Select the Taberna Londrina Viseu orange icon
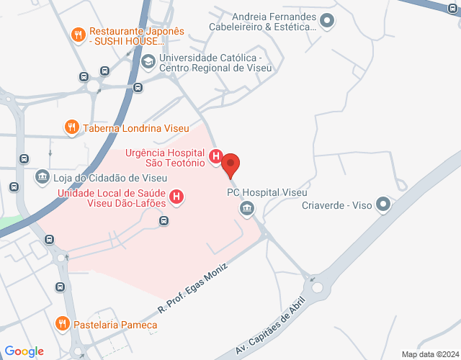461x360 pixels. tap(71, 128)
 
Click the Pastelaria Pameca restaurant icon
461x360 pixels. tap(63, 325)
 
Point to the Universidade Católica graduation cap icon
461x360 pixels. tap(148, 62)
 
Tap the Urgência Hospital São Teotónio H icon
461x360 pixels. tap(215, 156)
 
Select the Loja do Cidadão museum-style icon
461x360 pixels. tap(42, 176)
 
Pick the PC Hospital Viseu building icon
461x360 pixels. tap(247, 208)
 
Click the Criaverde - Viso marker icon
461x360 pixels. tap(383, 204)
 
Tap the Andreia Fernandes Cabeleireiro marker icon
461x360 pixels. tap(328, 22)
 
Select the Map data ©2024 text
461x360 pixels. tap(429, 354)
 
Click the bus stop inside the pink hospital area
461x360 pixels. tap(164, 220)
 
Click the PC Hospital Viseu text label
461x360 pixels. tap(267, 193)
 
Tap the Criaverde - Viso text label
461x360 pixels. tap(336, 205)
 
